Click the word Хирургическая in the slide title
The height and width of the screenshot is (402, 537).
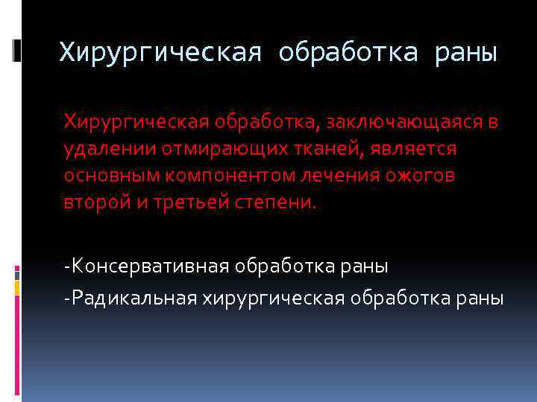[x=161, y=53]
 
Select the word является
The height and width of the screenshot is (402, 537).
[x=411, y=150]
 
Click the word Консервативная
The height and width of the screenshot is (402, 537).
[x=146, y=266]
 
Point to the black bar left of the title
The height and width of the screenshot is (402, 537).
[x=17, y=50]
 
